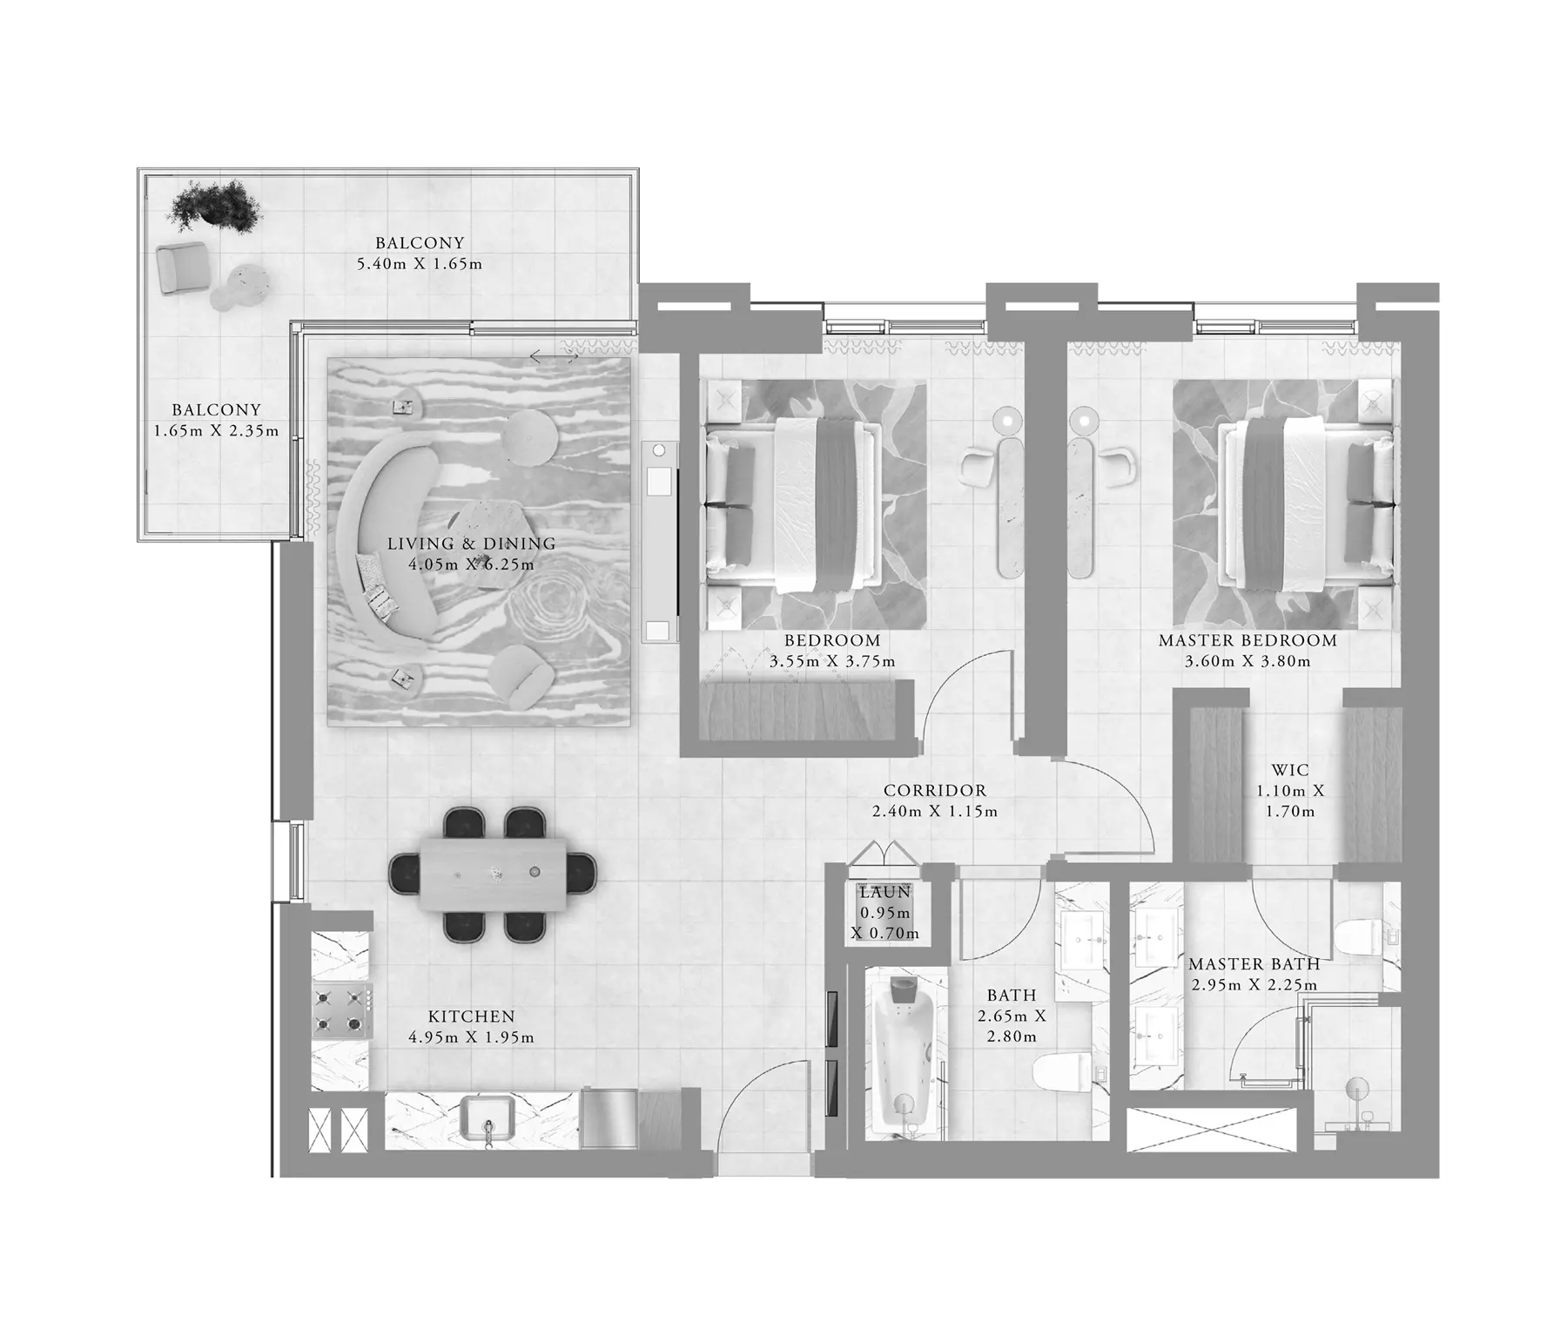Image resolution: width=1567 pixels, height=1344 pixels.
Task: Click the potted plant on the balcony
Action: click(x=215, y=206)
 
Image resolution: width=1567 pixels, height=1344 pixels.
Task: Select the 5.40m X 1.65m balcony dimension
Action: click(x=420, y=264)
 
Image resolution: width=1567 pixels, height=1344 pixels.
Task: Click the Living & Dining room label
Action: click(x=471, y=544)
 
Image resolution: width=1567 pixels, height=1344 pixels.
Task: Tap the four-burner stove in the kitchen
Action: click(x=343, y=1010)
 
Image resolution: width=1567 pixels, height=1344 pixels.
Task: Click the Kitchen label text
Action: click(x=472, y=1016)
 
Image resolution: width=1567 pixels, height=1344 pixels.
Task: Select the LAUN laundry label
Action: click(x=885, y=893)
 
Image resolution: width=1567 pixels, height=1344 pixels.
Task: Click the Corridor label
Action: click(x=935, y=791)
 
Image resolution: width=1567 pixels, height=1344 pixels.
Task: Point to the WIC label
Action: click(x=1290, y=770)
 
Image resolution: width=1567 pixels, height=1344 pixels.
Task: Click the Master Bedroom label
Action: click(x=1248, y=640)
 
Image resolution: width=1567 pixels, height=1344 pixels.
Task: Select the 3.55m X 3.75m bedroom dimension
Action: click(x=832, y=661)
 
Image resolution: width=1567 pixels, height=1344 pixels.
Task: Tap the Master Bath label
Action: click(x=1254, y=964)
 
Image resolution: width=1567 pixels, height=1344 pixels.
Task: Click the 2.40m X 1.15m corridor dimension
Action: click(x=935, y=812)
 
